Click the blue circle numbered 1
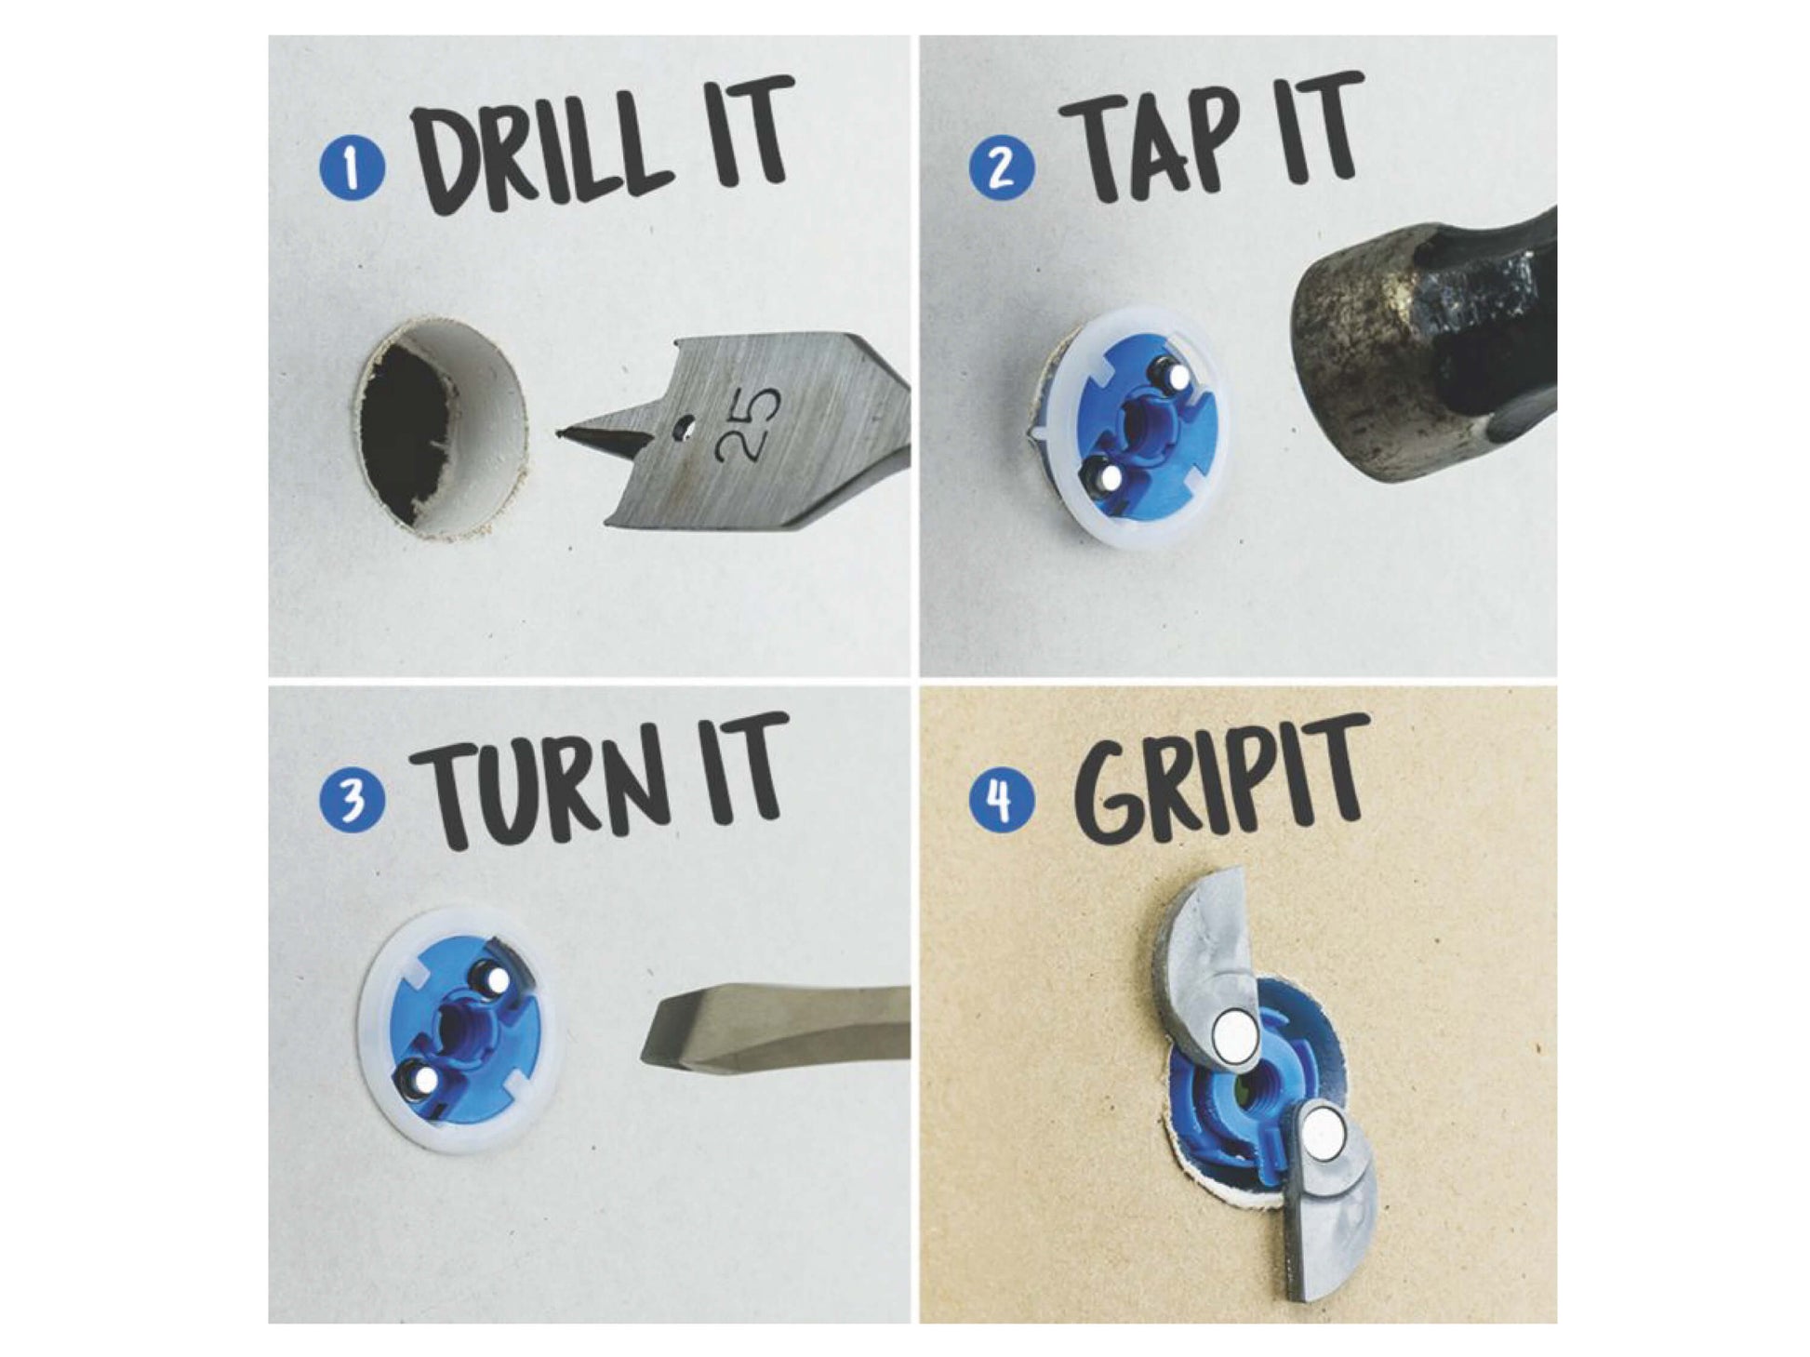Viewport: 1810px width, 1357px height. pyautogui.click(x=352, y=169)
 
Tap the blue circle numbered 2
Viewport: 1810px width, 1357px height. pyautogui.click(x=1002, y=167)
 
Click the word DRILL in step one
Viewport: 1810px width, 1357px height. pyautogui.click(x=545, y=149)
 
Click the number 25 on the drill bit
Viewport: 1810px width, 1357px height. pyautogui.click(x=752, y=423)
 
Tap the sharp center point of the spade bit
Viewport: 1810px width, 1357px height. pyautogui.click(x=560, y=431)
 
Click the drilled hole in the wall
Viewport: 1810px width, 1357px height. pyautogui.click(x=443, y=429)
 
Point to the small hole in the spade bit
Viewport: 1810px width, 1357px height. pyautogui.click(x=685, y=427)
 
